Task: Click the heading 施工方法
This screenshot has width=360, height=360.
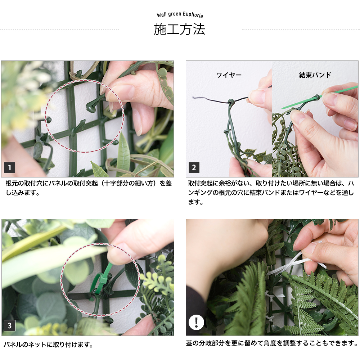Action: point(179,30)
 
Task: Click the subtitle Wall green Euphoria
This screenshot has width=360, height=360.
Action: point(180,15)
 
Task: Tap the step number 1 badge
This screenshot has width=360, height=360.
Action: point(9,167)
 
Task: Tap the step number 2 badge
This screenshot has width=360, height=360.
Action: point(194,167)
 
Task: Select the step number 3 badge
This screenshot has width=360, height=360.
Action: point(9,326)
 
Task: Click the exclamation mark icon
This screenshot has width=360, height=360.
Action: point(196,322)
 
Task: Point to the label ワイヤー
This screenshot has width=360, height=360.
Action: point(229,75)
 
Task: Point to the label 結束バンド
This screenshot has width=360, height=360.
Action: point(315,75)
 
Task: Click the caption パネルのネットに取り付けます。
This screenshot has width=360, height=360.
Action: point(48,345)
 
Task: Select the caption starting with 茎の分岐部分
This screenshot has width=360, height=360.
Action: point(272,343)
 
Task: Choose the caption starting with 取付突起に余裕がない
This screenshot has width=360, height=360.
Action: point(272,193)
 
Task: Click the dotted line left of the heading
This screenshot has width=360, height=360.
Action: point(59,29)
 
